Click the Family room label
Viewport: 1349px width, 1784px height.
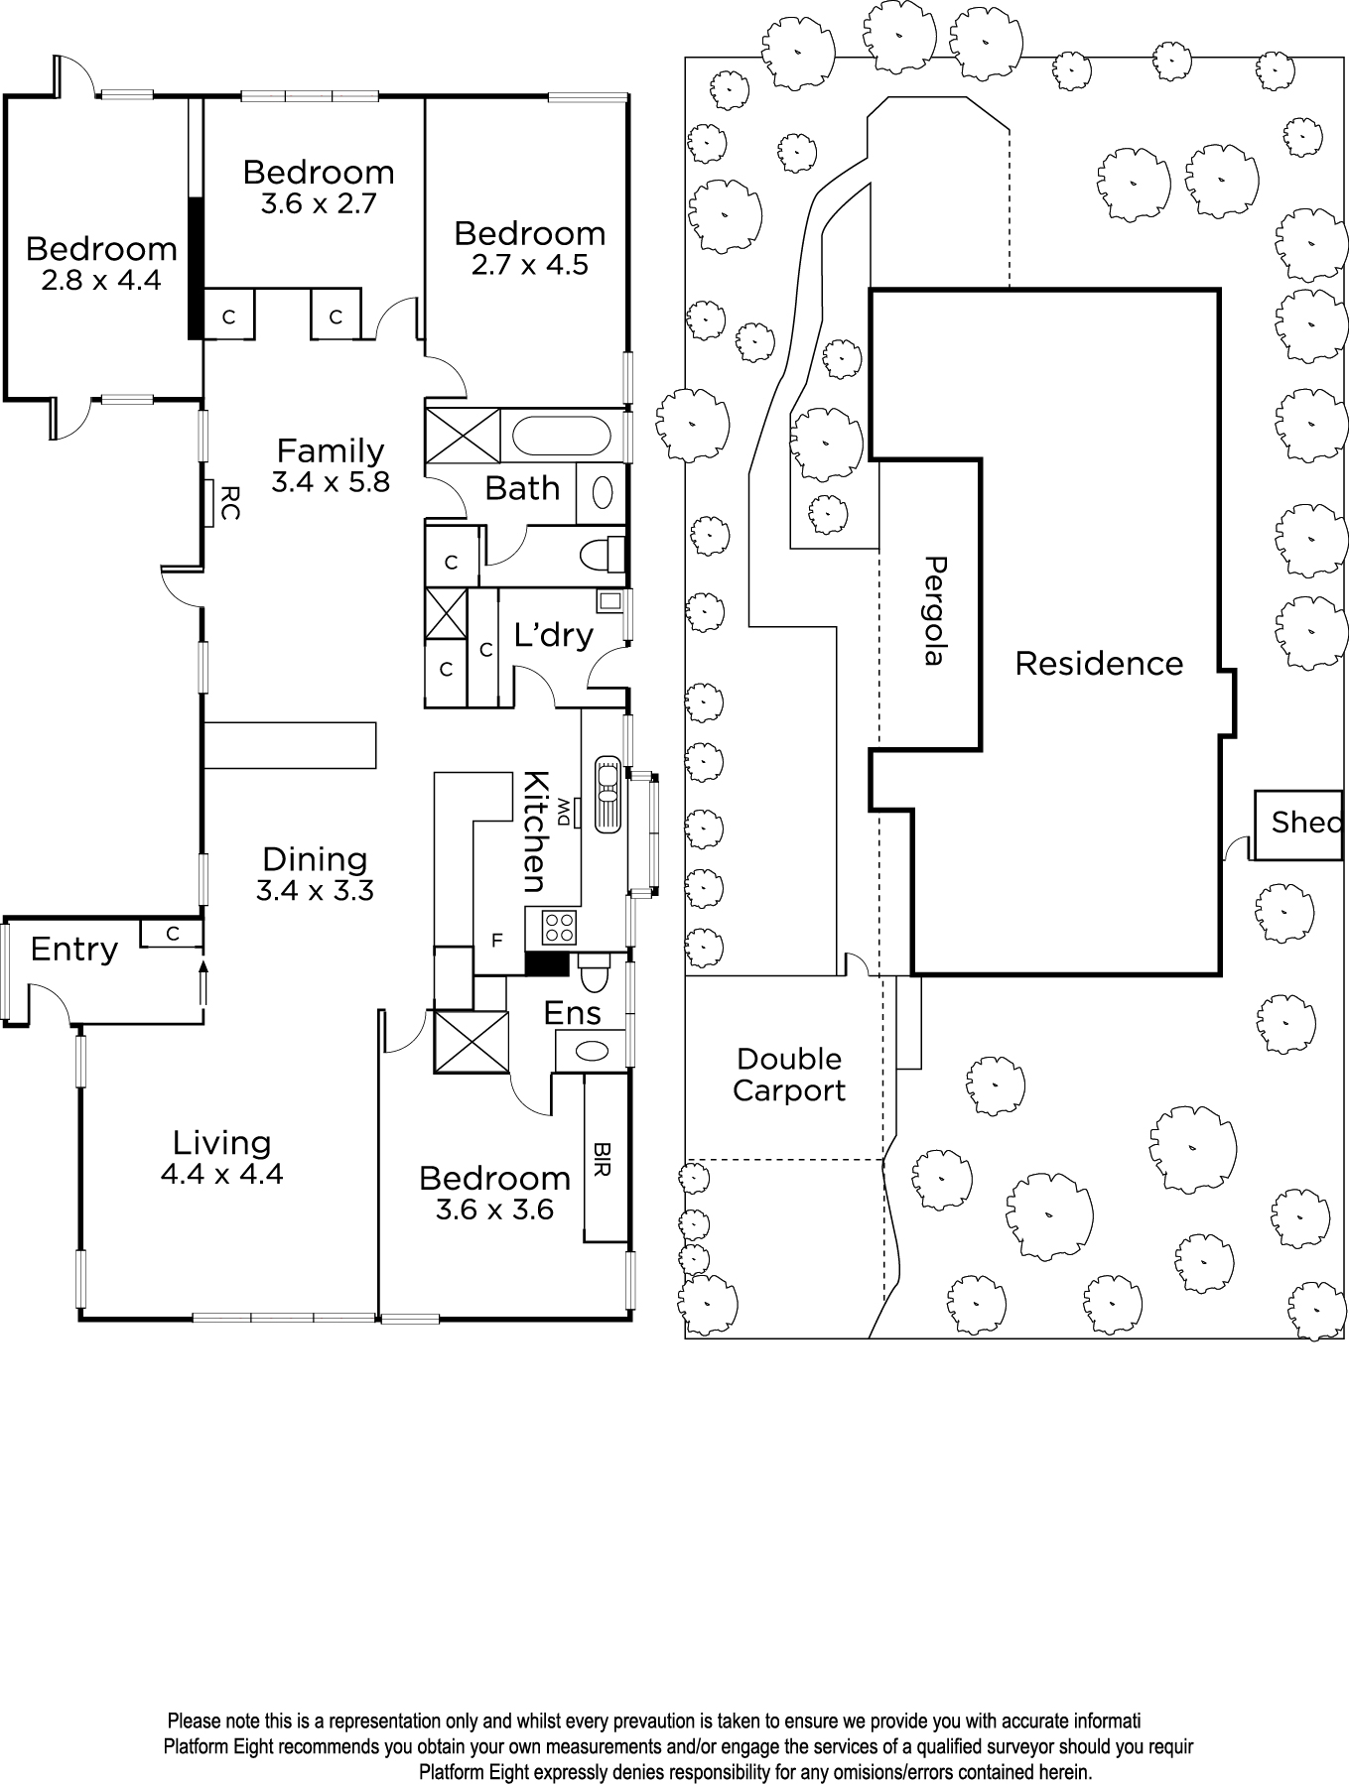click(x=330, y=450)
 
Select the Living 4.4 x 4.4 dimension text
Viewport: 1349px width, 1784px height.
click(x=221, y=1175)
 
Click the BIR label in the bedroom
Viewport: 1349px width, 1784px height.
click(x=602, y=1159)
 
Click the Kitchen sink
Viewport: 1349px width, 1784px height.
click(x=607, y=794)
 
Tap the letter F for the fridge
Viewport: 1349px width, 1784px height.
click(x=497, y=941)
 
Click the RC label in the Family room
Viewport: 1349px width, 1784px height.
click(x=228, y=502)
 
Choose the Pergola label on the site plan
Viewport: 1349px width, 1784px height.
click(x=934, y=610)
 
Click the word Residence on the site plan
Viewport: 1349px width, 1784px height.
click(x=1099, y=663)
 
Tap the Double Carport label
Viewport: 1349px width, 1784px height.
click(x=789, y=1075)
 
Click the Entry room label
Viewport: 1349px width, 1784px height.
click(x=73, y=950)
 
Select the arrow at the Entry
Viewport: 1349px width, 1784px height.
click(x=203, y=983)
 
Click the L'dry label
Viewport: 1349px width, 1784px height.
click(x=553, y=634)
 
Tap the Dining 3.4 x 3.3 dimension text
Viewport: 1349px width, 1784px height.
click(x=315, y=891)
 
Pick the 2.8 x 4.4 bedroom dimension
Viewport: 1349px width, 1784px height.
click(x=101, y=280)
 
